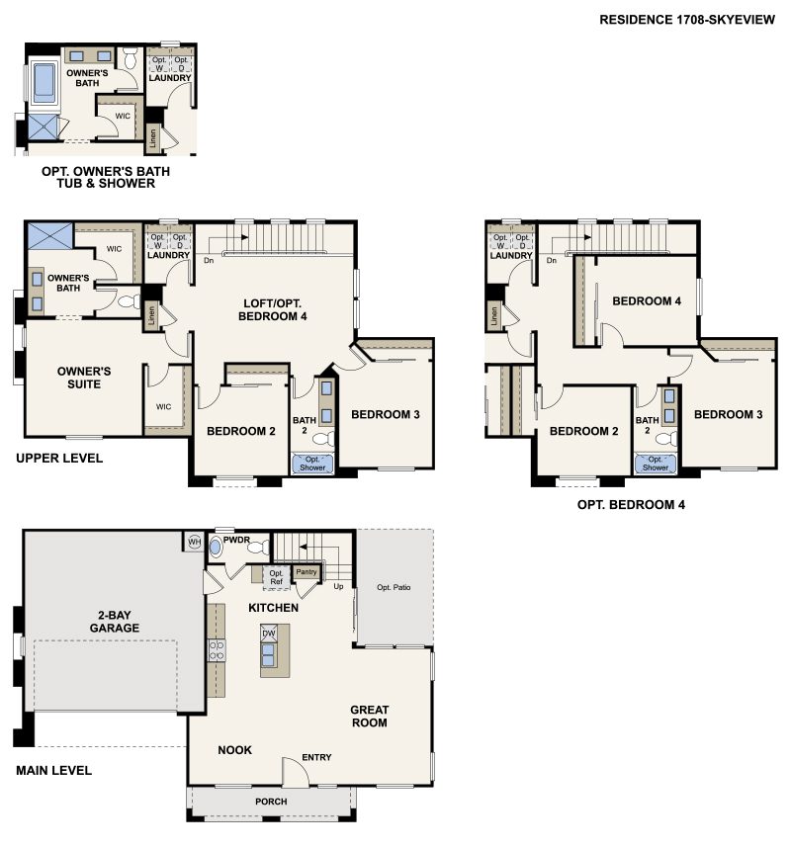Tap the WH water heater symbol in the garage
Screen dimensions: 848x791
point(193,542)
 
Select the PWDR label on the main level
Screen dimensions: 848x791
point(235,541)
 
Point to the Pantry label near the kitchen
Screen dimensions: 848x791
point(307,571)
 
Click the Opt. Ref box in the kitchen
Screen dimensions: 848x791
point(277,577)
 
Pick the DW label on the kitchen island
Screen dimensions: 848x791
point(268,632)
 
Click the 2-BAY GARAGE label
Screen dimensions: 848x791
point(111,620)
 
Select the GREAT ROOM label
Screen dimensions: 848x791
point(370,716)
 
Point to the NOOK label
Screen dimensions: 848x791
point(234,750)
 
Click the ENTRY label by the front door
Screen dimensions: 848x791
point(316,757)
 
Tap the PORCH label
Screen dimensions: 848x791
point(270,802)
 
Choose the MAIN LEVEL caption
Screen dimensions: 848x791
point(53,770)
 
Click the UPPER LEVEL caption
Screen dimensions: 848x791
point(58,459)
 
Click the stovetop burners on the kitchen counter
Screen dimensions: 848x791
point(215,649)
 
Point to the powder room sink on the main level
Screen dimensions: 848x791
point(216,551)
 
